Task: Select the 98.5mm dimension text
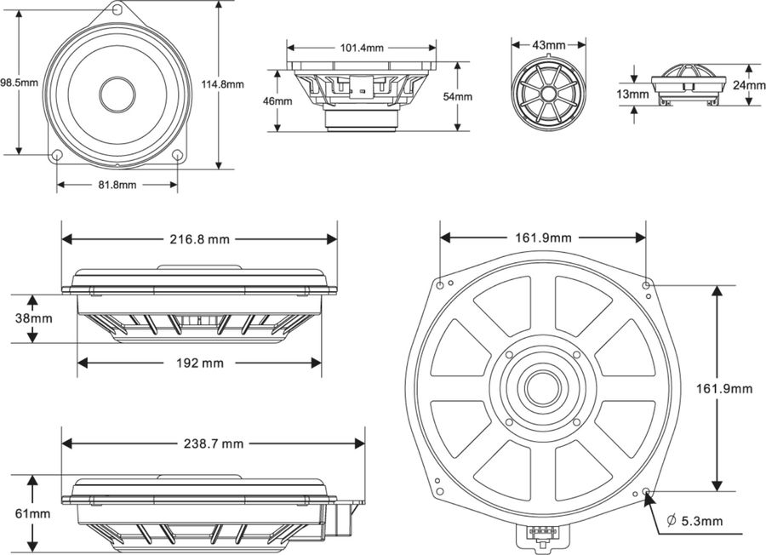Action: pos(19,83)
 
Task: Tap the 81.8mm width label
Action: pos(117,185)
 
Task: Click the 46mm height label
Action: pos(277,101)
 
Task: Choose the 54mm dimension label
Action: pos(458,96)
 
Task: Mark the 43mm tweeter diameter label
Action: pos(549,44)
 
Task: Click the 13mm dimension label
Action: pos(633,94)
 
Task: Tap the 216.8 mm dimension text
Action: pos(199,239)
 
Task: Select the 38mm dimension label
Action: pos(33,319)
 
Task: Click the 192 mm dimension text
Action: pos(199,363)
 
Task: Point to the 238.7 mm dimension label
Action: pos(213,443)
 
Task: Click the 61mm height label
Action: pos(33,513)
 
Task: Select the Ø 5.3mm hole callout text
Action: pos(695,521)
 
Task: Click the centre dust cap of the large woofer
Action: pos(541,388)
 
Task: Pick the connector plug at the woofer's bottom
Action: pos(538,535)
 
